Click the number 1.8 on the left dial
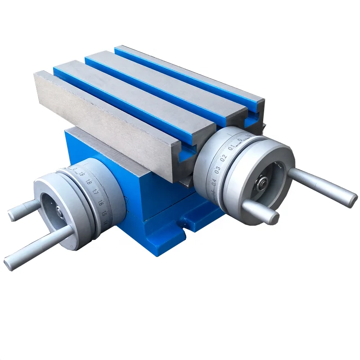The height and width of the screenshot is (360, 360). coord(89,182)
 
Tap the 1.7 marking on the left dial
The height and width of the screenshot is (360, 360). coord(95,193)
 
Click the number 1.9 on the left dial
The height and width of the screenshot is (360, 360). coord(82,174)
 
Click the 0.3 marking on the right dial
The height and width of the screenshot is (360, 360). coord(217,169)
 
